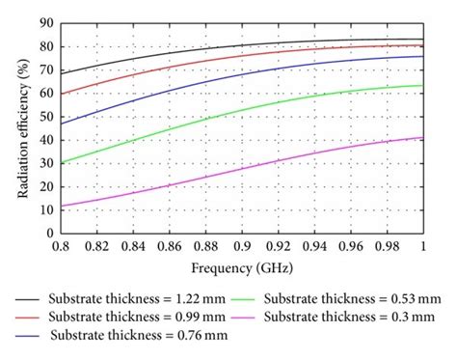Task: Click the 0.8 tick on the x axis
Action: pyautogui.click(x=60, y=244)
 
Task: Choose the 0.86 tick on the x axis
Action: pyautogui.click(x=169, y=244)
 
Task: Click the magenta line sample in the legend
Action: pyautogui.click(x=251, y=317)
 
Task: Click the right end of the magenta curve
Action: pyautogui.click(x=423, y=137)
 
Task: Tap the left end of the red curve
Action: pyautogui.click(x=60, y=94)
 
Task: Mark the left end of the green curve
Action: pyautogui.click(x=60, y=163)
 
